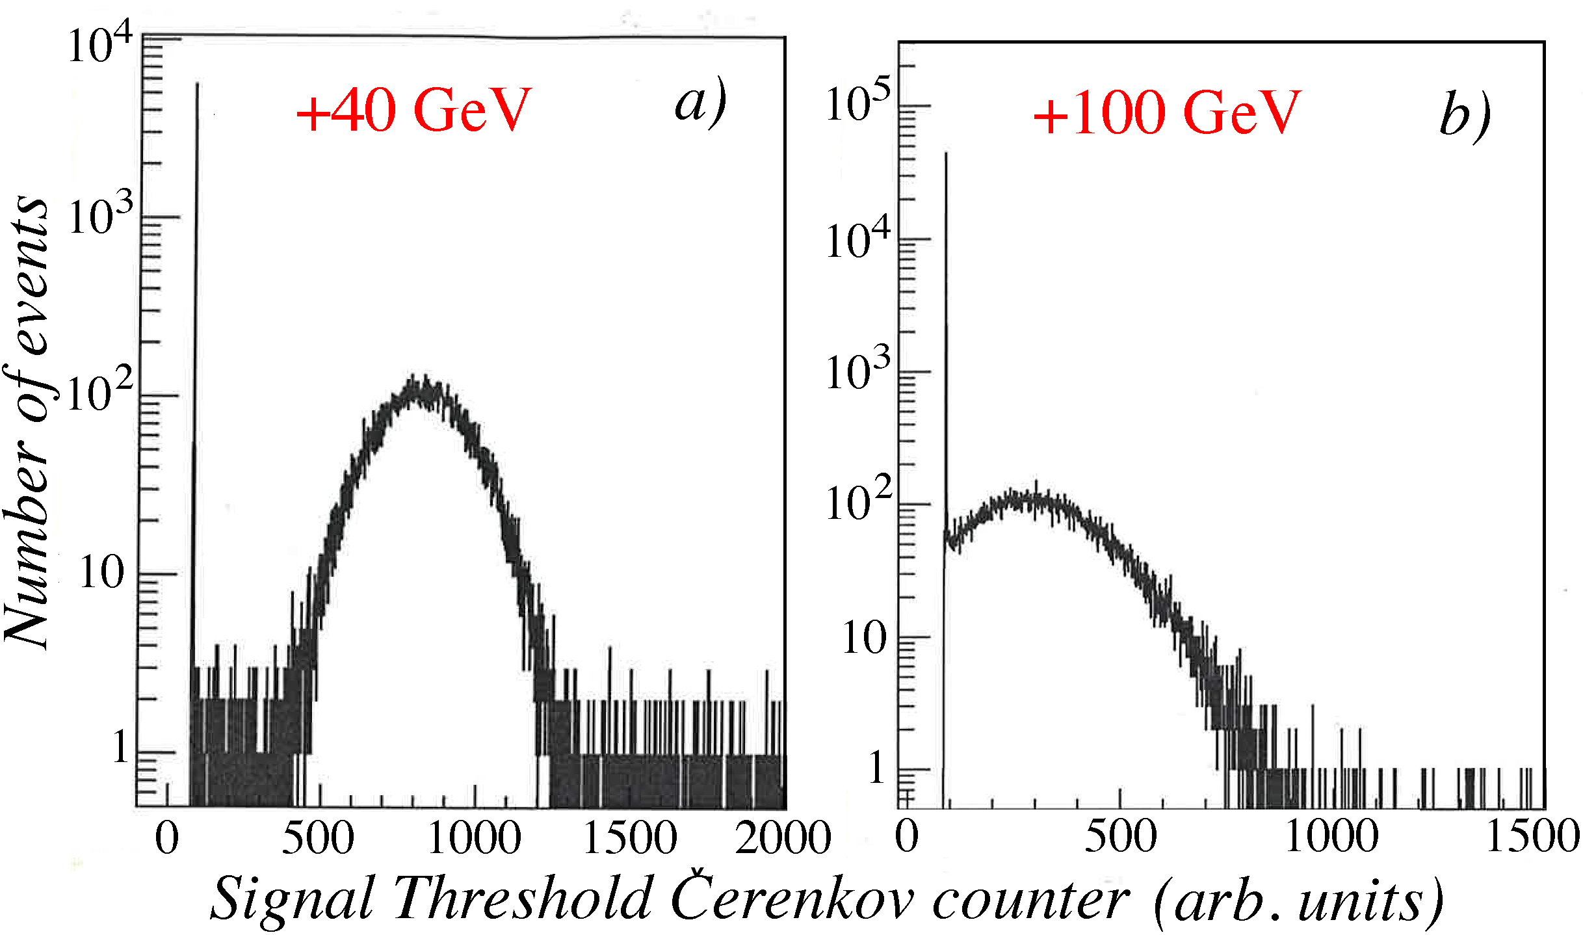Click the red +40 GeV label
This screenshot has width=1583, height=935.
tap(413, 111)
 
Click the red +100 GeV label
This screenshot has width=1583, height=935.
tap(1167, 113)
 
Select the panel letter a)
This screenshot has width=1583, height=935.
tap(700, 104)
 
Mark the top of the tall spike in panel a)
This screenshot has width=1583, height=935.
tap(197, 85)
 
